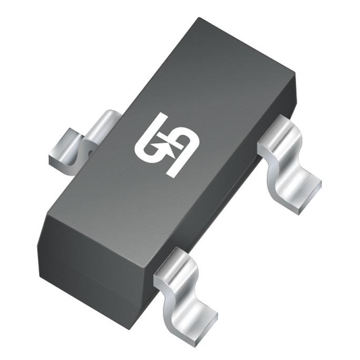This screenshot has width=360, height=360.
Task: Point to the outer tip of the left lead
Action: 57,152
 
